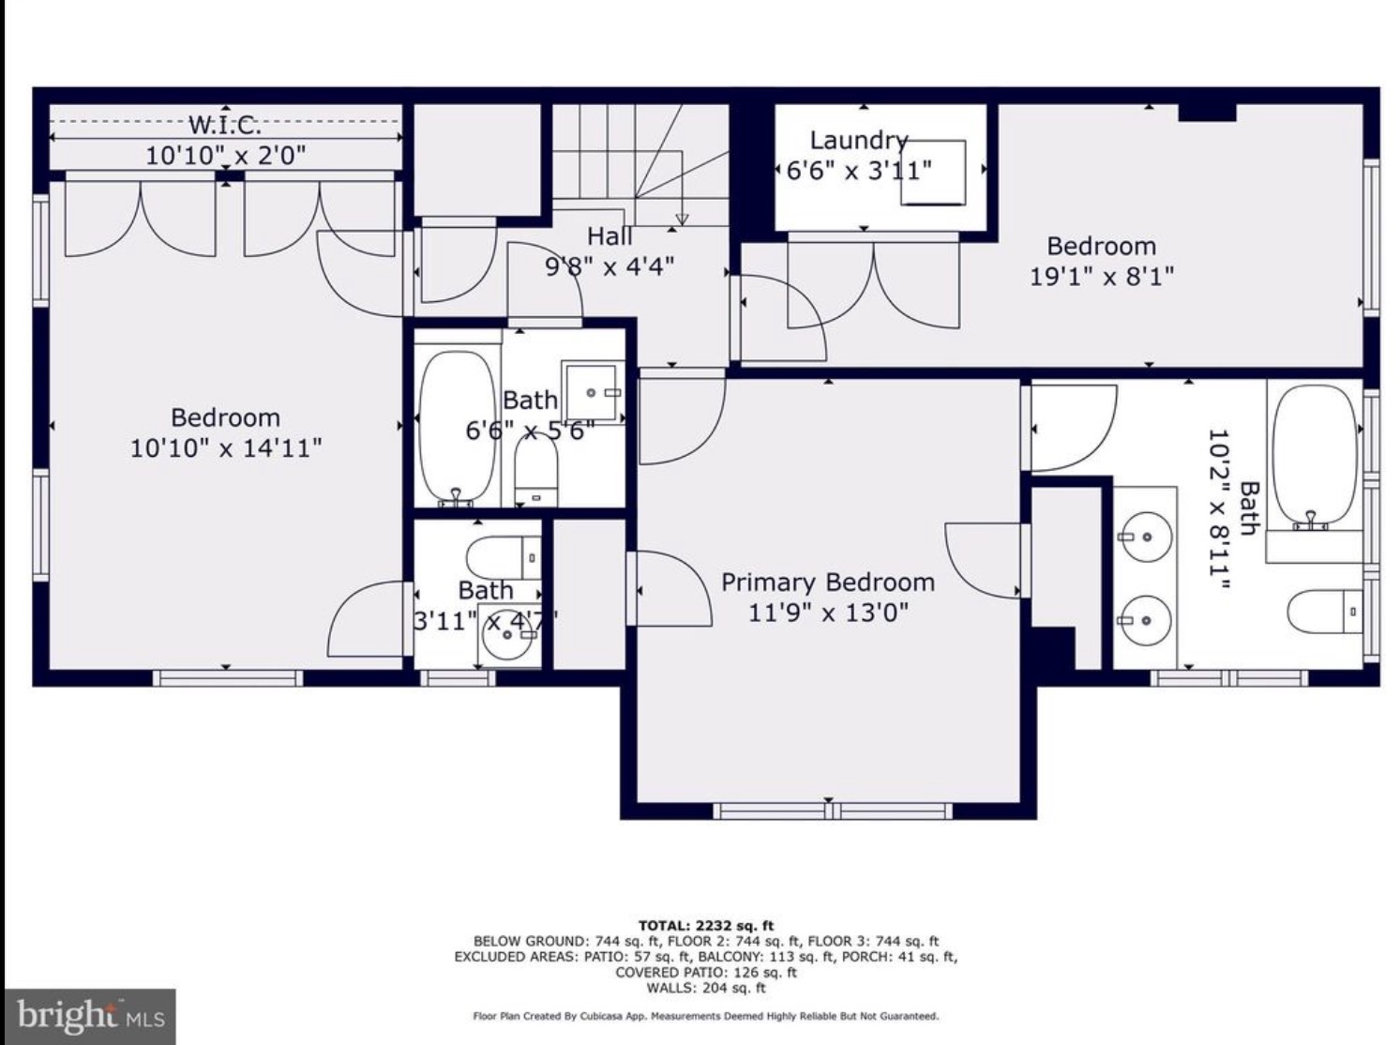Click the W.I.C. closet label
coord(225,125)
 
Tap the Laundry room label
coord(859,141)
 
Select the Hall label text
coord(610,236)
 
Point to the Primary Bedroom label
coord(828,583)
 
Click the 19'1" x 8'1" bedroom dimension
coord(1102,276)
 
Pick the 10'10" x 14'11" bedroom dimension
coord(226,447)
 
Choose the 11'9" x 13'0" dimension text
coord(828,613)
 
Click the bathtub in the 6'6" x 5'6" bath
coord(458,429)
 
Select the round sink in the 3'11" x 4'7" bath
coord(506,635)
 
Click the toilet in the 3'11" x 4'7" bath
coord(504,557)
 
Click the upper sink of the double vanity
coord(1145,538)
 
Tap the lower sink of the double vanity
coord(1145,620)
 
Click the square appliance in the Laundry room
coord(932,173)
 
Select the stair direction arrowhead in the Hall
coord(682,220)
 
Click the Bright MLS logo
coord(89,1016)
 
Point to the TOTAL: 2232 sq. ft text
coord(705,926)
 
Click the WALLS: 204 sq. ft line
coord(705,988)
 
